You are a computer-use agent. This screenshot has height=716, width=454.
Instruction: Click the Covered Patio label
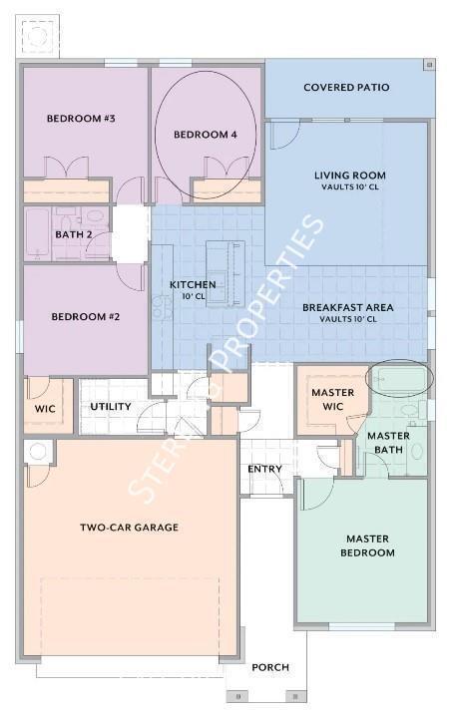tap(346, 87)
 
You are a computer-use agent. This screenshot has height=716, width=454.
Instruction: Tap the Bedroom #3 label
tap(81, 119)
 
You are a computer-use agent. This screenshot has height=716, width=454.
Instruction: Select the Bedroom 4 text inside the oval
tap(206, 135)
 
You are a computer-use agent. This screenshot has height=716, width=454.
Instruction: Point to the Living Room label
tap(350, 175)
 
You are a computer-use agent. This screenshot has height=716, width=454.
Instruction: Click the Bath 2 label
tap(74, 234)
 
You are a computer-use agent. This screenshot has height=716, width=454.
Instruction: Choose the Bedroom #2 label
tap(86, 316)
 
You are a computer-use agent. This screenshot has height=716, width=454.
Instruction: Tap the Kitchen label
tap(193, 284)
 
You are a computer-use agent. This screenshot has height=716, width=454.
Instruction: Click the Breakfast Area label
tap(348, 307)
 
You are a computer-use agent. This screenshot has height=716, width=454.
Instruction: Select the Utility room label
tap(111, 406)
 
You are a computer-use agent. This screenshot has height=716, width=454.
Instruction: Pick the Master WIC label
tap(332, 399)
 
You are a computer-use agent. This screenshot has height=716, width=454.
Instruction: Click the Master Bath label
tap(388, 443)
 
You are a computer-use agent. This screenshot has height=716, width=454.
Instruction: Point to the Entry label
tap(264, 469)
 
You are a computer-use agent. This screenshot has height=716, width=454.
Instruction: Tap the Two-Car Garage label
tap(130, 527)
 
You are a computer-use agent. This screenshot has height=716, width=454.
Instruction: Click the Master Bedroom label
tap(367, 545)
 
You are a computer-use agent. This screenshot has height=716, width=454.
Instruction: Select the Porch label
tap(270, 667)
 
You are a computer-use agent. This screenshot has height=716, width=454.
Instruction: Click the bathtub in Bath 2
tap(38, 232)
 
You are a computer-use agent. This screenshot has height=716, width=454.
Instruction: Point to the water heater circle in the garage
tap(38, 452)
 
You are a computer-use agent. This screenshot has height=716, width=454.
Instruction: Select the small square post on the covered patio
tap(429, 65)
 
